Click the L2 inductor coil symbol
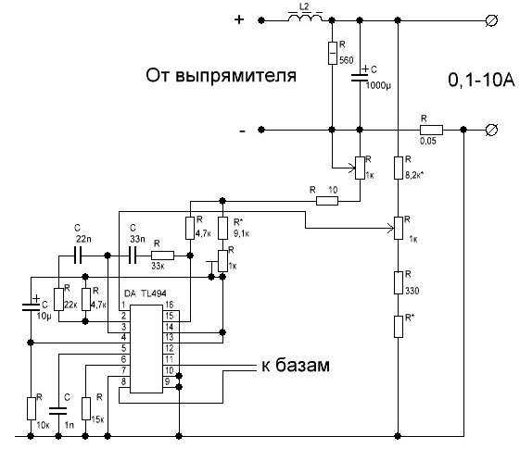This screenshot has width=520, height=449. pos(305,18)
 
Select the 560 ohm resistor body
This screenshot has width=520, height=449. pos(332,53)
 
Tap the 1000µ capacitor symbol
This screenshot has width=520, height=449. pos(360,78)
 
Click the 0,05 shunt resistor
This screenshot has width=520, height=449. pos(431,130)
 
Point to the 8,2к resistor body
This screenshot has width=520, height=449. pos(399,168)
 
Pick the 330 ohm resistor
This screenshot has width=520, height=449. pos(399,282)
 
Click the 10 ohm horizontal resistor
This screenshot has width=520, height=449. pos(327,201)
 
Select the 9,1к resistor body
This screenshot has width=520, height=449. pos(222,228)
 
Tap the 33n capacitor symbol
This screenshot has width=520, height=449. pos(133,255)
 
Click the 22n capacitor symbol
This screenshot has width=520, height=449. pos(78,255)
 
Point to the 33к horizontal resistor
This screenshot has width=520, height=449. pos(162,256)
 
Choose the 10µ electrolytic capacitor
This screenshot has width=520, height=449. pos(31,307)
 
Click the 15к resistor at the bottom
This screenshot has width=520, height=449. pos(86,408)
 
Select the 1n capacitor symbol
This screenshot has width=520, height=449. pos(58,411)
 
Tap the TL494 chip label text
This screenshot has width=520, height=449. pos(154,293)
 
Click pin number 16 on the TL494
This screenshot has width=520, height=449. pos(169,305)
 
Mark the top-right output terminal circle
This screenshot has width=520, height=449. pos(491,20)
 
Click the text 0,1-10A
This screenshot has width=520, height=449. pos(481,80)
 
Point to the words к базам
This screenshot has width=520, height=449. pos(296,366)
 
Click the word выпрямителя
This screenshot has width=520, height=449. pos(235,76)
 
